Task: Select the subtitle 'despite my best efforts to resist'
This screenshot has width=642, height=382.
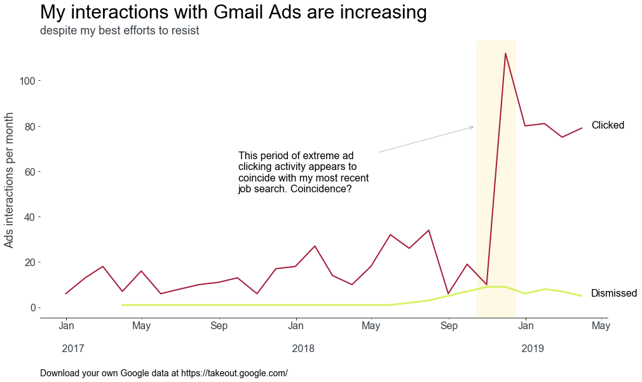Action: coord(120,31)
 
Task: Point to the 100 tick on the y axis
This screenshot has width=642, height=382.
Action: coord(29,81)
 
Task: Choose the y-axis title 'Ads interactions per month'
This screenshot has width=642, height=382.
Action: coord(10,180)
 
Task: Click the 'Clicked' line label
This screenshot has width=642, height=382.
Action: coord(608,125)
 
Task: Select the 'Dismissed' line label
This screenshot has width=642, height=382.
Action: coord(613,294)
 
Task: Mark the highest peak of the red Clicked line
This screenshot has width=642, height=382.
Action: coord(505,53)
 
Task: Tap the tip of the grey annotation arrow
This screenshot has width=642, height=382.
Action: coord(474,127)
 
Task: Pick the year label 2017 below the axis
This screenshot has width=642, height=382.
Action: coord(73,349)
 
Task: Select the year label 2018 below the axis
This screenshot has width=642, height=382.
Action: coord(303,349)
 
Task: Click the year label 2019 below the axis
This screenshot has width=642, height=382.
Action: coord(533,349)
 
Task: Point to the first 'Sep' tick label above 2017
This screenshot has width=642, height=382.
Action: coord(219,327)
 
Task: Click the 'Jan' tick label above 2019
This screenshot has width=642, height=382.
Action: coord(526,327)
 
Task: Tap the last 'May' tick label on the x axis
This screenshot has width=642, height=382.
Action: coord(601,327)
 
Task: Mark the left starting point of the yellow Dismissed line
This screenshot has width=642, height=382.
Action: coord(122,305)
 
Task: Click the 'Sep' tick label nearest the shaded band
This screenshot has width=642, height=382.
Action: coord(449,327)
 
